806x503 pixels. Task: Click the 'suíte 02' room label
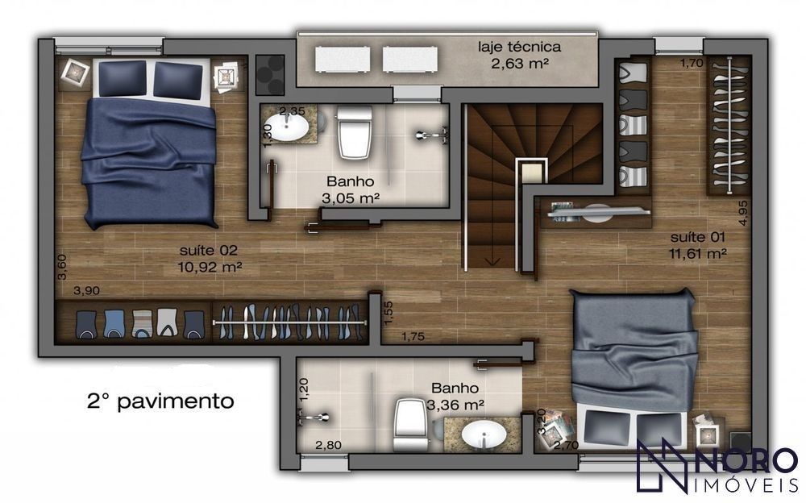click(x=209, y=251)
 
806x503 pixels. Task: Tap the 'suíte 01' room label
click(x=697, y=237)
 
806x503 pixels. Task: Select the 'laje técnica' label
click(x=519, y=48)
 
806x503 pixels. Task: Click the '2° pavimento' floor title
click(x=160, y=401)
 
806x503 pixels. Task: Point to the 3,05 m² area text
click(x=351, y=198)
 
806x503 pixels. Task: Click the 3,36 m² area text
click(x=455, y=405)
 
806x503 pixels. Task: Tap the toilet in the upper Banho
click(x=354, y=131)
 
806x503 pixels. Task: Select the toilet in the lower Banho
click(x=411, y=426)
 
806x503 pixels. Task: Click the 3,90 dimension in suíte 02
click(x=86, y=290)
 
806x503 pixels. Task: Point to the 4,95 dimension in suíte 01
click(x=743, y=213)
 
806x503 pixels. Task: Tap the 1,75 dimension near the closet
click(x=413, y=337)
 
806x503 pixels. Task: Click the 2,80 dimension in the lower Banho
click(x=328, y=445)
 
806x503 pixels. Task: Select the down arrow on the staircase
click(x=492, y=261)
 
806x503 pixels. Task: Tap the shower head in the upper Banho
click(x=430, y=135)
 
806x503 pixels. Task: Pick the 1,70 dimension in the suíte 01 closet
click(x=692, y=63)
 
